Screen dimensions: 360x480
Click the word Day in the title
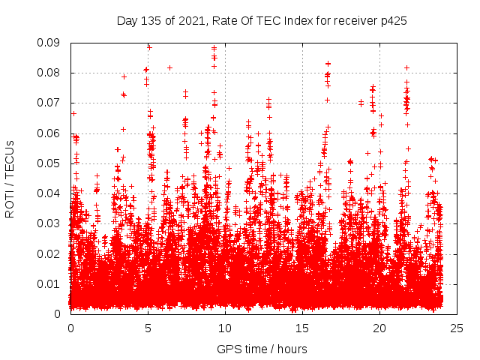[x=127, y=21]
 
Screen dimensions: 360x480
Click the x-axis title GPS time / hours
[x=262, y=349]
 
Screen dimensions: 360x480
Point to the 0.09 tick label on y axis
[x=49, y=43]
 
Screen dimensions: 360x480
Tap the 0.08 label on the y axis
[x=49, y=73]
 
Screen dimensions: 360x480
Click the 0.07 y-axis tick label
[x=49, y=103]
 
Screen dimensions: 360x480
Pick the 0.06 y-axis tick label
[x=49, y=133]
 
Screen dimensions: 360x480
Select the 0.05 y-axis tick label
[x=49, y=163]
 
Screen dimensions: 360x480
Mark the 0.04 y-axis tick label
[x=49, y=193]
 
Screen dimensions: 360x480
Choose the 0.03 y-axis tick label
[x=49, y=223]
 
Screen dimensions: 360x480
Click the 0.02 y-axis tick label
[x=49, y=253]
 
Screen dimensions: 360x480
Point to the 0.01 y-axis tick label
[x=49, y=283]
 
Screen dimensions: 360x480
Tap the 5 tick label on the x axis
[x=148, y=328]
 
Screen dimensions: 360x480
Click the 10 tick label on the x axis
[x=225, y=328]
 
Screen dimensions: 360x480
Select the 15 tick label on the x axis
[x=302, y=328]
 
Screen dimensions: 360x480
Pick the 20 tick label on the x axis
[x=379, y=328]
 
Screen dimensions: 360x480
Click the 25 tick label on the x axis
[x=457, y=328]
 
